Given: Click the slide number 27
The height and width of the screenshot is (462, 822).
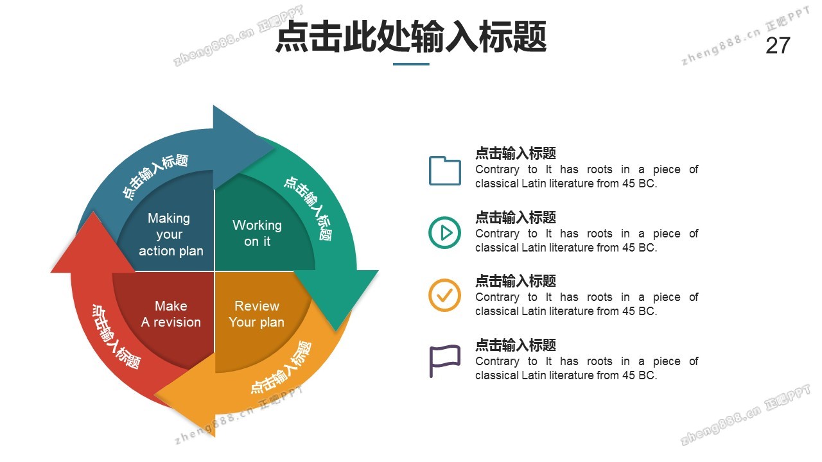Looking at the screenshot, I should tap(778, 46).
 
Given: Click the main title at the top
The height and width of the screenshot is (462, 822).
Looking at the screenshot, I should tap(411, 37).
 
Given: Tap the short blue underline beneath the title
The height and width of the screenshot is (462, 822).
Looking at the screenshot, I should tap(411, 64).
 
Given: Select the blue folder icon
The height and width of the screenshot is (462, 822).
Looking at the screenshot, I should tap(444, 171).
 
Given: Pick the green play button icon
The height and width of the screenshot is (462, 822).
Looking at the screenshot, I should tap(444, 232).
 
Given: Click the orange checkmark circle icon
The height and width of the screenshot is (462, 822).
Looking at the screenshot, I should tap(444, 295).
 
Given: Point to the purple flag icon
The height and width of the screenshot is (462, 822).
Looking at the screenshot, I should tap(444, 361).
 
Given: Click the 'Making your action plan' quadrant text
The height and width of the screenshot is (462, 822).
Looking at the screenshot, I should tap(171, 235).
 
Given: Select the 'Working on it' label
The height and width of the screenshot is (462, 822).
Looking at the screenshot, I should tap(257, 233).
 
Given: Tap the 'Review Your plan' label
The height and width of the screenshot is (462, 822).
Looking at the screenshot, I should tap(256, 314).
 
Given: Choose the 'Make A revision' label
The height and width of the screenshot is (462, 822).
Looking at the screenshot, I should tap(171, 314).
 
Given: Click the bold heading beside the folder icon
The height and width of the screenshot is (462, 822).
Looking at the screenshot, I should tap(515, 153).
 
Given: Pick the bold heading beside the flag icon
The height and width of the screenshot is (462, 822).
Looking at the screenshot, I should tap(515, 345).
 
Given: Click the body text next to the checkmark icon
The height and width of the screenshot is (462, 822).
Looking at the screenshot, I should tap(586, 304).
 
